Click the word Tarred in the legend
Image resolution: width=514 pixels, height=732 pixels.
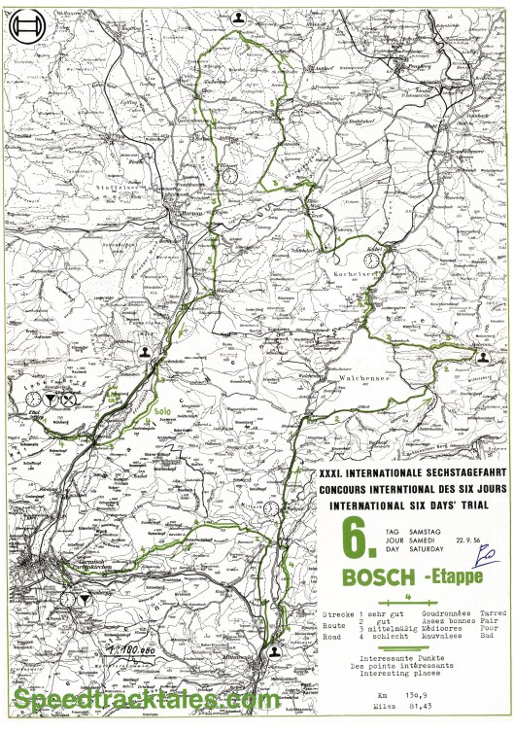pyautogui.click(x=494, y=614)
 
